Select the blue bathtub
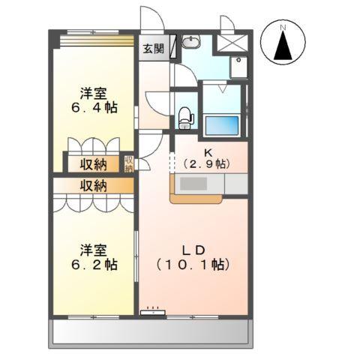tap(220, 124)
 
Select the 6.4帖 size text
tap(94, 108)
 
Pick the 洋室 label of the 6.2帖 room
tap(94, 249)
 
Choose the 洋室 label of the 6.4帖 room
tap(94, 93)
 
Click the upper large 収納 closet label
tap(94, 164)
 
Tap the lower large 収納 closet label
tap(94, 185)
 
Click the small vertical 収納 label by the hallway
tap(129, 163)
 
